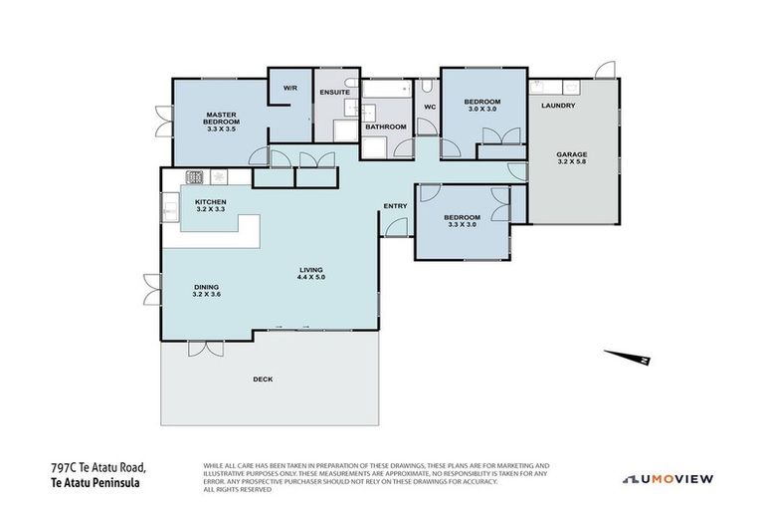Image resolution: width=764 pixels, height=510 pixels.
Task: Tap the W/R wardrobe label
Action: (290, 88)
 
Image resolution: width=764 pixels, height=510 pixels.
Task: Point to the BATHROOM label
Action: (385, 127)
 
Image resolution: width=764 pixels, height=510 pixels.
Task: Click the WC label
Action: (430, 107)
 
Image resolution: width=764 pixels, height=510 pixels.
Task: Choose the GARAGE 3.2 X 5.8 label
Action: (571, 158)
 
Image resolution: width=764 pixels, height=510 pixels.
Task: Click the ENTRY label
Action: (395, 206)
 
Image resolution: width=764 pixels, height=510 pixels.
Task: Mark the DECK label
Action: (263, 379)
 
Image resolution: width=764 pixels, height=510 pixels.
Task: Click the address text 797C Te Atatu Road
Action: (98, 466)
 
